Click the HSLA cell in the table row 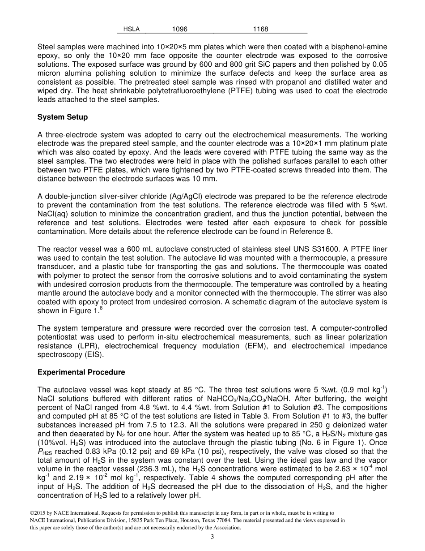(x=131, y=29)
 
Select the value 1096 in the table (x=179, y=29)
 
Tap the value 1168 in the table (x=260, y=29)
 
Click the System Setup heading (x=63, y=117)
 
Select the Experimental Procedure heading (x=81, y=372)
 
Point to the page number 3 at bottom (x=212, y=537)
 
